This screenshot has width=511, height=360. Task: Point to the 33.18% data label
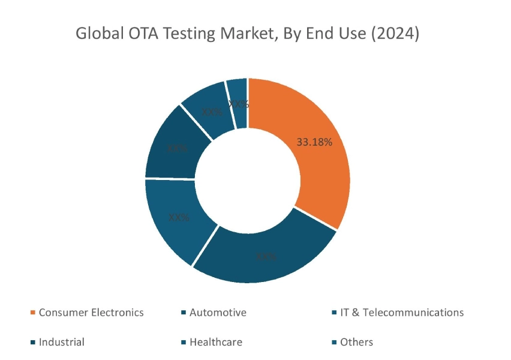[314, 142]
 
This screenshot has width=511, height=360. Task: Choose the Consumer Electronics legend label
[91, 313]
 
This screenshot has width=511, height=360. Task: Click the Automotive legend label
[218, 313]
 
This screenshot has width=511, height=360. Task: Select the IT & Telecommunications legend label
[402, 313]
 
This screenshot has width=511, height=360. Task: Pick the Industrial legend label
[62, 342]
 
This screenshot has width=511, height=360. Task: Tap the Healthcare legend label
[216, 342]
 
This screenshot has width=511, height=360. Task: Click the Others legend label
[356, 342]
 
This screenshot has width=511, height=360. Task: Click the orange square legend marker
[32, 313]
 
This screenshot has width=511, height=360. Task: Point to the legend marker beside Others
[333, 343]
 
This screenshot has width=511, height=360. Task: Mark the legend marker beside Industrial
[32, 343]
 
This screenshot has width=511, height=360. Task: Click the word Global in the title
[98, 34]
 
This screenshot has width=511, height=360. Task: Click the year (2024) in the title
[395, 34]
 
